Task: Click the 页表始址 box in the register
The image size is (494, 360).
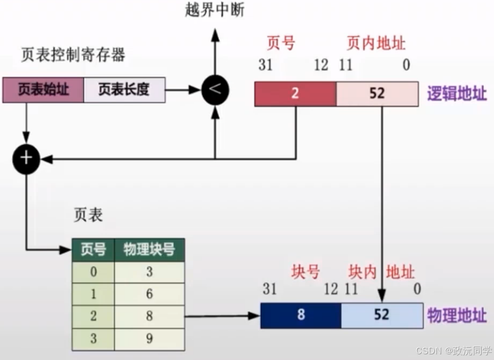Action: pos(43,90)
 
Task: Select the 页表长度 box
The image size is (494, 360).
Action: pos(124,90)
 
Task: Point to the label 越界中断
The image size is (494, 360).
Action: pos(214,10)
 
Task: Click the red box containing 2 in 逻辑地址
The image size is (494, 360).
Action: pos(295,94)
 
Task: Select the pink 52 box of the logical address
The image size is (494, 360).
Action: pos(377,94)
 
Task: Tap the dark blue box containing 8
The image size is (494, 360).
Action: pos(300,315)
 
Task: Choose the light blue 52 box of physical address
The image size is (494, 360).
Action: pos(381,315)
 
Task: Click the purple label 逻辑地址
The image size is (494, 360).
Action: pos(457,94)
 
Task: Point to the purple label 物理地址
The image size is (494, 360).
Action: pos(457,315)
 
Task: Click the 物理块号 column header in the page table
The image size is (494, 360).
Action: pos(149,250)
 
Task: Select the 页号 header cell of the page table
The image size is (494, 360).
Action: pos(93,250)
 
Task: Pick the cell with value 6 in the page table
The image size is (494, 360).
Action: pos(149,294)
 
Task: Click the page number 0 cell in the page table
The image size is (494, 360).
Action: pos(93,272)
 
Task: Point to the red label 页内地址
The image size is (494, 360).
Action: pos(376,43)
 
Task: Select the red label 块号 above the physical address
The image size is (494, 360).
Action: pos(306,271)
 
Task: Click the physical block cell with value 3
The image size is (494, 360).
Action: pos(149,272)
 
